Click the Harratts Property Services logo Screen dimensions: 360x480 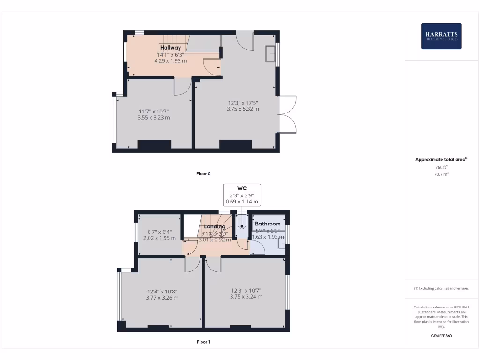(x=441, y=36)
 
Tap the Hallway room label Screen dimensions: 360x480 (x=171, y=48)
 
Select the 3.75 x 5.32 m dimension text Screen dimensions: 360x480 (x=243, y=109)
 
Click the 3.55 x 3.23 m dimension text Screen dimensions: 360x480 (x=153, y=118)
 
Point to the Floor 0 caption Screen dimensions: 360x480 (x=203, y=174)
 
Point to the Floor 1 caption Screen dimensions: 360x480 (x=203, y=342)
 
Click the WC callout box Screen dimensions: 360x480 (x=242, y=195)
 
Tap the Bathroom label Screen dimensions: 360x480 (x=268, y=224)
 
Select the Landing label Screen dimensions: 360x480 (x=215, y=226)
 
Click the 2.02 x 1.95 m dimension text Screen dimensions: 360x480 (x=159, y=238)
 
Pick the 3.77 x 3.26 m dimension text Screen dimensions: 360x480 (x=162, y=298)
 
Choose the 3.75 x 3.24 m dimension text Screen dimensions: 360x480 (x=246, y=297)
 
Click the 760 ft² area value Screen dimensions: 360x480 (x=441, y=167)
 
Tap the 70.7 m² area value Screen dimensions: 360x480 (x=441, y=174)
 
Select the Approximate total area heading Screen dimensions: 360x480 (x=441, y=160)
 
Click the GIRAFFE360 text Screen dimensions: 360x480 (x=441, y=336)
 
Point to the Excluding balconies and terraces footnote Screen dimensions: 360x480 (x=441, y=289)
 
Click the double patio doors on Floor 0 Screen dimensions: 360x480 (x=287, y=114)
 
